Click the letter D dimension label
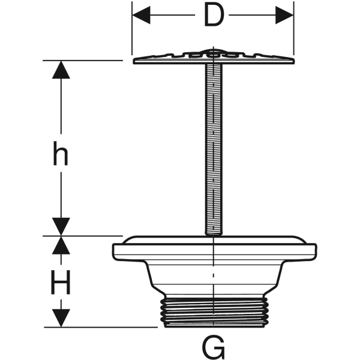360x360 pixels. [x=213, y=16]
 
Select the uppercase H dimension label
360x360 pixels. [x=60, y=282]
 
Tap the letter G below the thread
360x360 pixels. [x=214, y=347]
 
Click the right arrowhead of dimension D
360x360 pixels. [x=284, y=16]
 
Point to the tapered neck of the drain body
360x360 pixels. [x=214, y=279]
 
